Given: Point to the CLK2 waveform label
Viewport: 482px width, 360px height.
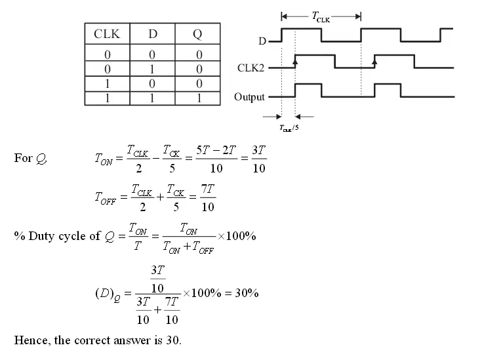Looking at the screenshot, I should coord(251,68).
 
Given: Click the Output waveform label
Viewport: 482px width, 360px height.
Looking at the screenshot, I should coord(249,97).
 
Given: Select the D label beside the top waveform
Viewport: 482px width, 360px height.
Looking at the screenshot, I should coord(262,41).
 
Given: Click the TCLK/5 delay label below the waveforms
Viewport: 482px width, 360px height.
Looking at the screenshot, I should coord(289,128).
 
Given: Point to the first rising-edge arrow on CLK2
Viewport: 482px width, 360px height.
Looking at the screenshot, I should coord(295,60).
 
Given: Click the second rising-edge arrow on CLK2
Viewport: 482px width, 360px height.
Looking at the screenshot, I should coord(374,60).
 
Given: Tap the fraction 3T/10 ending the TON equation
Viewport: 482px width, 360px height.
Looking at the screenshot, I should coord(259,159).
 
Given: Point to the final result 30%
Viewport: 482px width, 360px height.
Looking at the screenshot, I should coord(247,293).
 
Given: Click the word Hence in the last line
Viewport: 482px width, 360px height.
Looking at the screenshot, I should coord(30,340).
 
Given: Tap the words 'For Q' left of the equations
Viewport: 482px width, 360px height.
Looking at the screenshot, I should coord(31,159).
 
